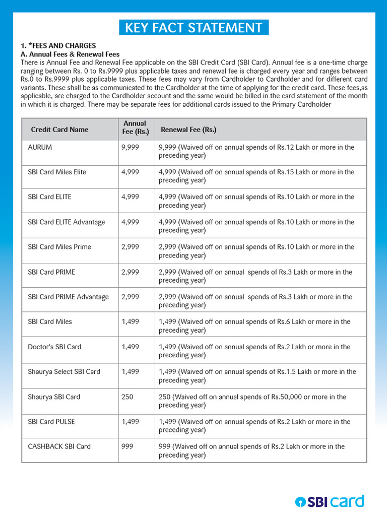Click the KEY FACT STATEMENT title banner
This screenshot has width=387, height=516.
pos(193,28)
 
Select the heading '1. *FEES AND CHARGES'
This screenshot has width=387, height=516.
pos(58,46)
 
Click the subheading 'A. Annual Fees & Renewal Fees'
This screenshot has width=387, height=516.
pos(70,54)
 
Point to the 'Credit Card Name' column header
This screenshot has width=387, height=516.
pos(59,130)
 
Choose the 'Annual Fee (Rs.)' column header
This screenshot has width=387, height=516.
pos(135,127)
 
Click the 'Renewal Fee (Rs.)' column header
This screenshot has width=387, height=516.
pos(188,130)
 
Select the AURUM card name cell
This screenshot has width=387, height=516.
pos(40,147)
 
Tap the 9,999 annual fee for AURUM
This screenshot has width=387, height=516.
pos(130,147)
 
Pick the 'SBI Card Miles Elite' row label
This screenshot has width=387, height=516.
pos(57,172)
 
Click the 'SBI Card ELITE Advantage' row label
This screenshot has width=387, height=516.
pos(67,222)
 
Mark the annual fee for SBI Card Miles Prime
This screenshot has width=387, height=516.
pos(130,247)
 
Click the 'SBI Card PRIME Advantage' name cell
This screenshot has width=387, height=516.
pos(68,297)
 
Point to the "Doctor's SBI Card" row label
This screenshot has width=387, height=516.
pos(54,347)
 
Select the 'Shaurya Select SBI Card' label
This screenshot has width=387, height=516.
pos(64,371)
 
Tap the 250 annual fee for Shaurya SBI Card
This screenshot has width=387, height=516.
pos(127,397)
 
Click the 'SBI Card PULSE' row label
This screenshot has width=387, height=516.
pos(51,421)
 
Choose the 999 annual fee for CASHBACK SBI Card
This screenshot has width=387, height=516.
pos(127,446)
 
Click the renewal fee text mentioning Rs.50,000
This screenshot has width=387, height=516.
pos(252,401)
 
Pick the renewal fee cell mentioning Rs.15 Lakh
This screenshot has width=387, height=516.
pos(256,176)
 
